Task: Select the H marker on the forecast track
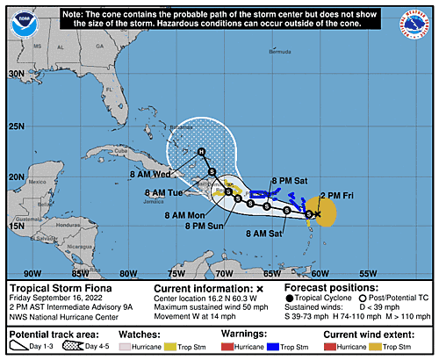coord(201,152)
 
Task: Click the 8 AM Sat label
coord(263,233)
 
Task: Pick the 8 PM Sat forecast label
coord(289,179)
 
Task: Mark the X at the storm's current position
coord(318,213)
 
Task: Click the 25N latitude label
coord(17,126)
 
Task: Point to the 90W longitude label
coord(32,272)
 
